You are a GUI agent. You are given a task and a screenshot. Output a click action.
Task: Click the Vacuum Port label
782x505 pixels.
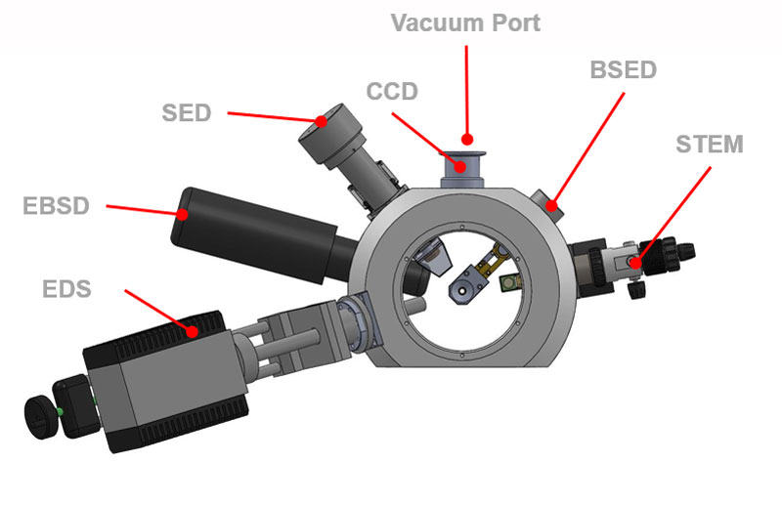(x=465, y=22)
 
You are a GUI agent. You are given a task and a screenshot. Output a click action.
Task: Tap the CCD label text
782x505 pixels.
(x=392, y=92)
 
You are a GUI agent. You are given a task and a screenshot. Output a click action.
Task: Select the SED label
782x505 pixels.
(x=187, y=112)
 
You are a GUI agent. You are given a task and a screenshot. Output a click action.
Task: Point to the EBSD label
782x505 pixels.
(x=57, y=206)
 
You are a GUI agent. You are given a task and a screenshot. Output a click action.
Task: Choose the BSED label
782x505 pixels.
(x=624, y=70)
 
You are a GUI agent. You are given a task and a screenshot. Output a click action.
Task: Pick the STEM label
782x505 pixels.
(x=710, y=145)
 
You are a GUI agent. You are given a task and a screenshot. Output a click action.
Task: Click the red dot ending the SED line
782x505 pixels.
(x=321, y=122)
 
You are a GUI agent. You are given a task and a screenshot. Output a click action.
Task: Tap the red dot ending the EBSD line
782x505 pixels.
(x=183, y=212)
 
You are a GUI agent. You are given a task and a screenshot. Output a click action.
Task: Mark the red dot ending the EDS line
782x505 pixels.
(x=194, y=332)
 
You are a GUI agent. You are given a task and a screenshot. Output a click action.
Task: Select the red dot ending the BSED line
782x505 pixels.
(x=551, y=205)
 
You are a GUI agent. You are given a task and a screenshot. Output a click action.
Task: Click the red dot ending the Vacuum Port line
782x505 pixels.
(x=468, y=140)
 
